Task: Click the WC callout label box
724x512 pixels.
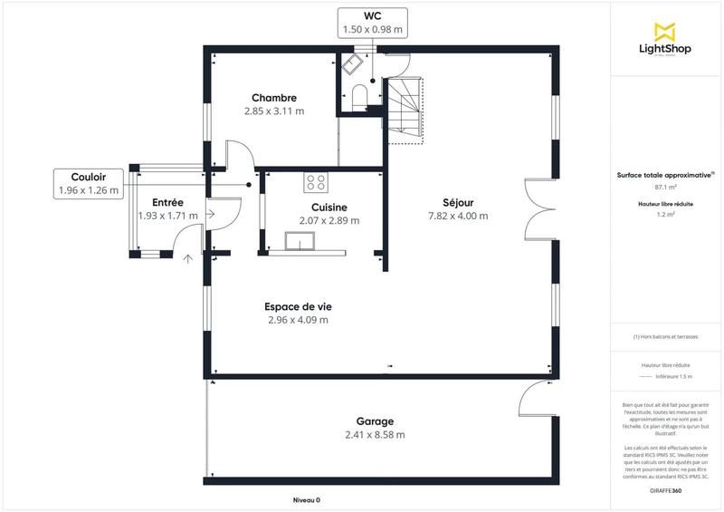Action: [372, 23]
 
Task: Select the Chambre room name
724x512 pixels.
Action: [273, 98]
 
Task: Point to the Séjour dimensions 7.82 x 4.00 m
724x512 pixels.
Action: [458, 216]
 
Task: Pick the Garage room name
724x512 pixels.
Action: [374, 421]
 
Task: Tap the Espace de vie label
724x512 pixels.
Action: [297, 306]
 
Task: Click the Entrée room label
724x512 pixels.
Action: [167, 202]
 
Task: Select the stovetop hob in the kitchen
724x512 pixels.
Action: [316, 182]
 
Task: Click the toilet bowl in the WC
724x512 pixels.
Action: [359, 95]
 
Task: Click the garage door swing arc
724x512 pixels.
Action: [534, 398]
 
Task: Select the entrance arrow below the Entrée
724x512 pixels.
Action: [188, 259]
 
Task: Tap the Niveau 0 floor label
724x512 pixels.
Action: [306, 500]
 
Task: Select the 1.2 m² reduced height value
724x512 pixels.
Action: [666, 215]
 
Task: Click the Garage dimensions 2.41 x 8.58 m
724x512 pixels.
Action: [374, 435]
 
